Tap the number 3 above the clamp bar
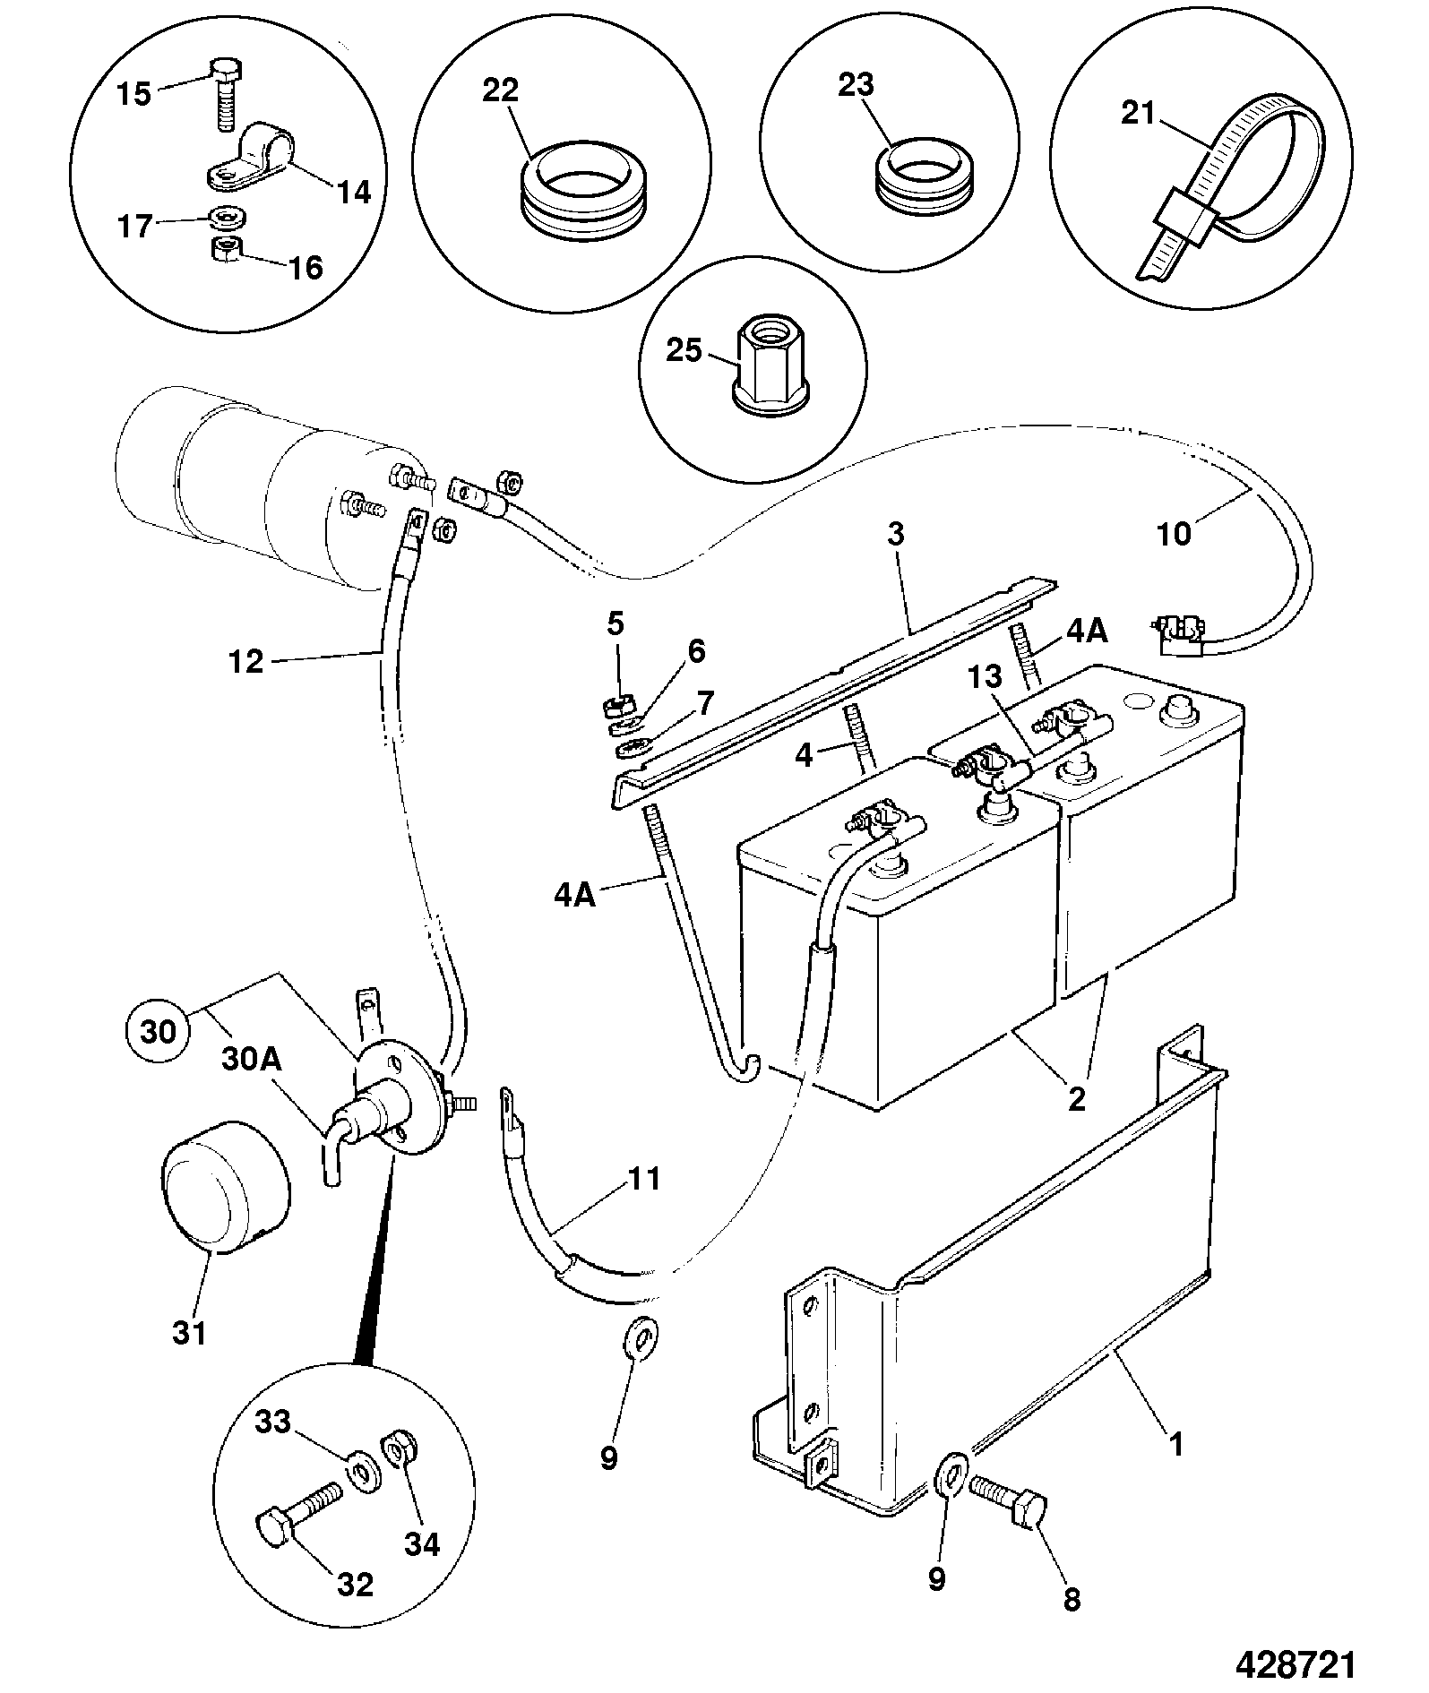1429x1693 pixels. [x=896, y=535]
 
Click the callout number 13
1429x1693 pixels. [x=983, y=678]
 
